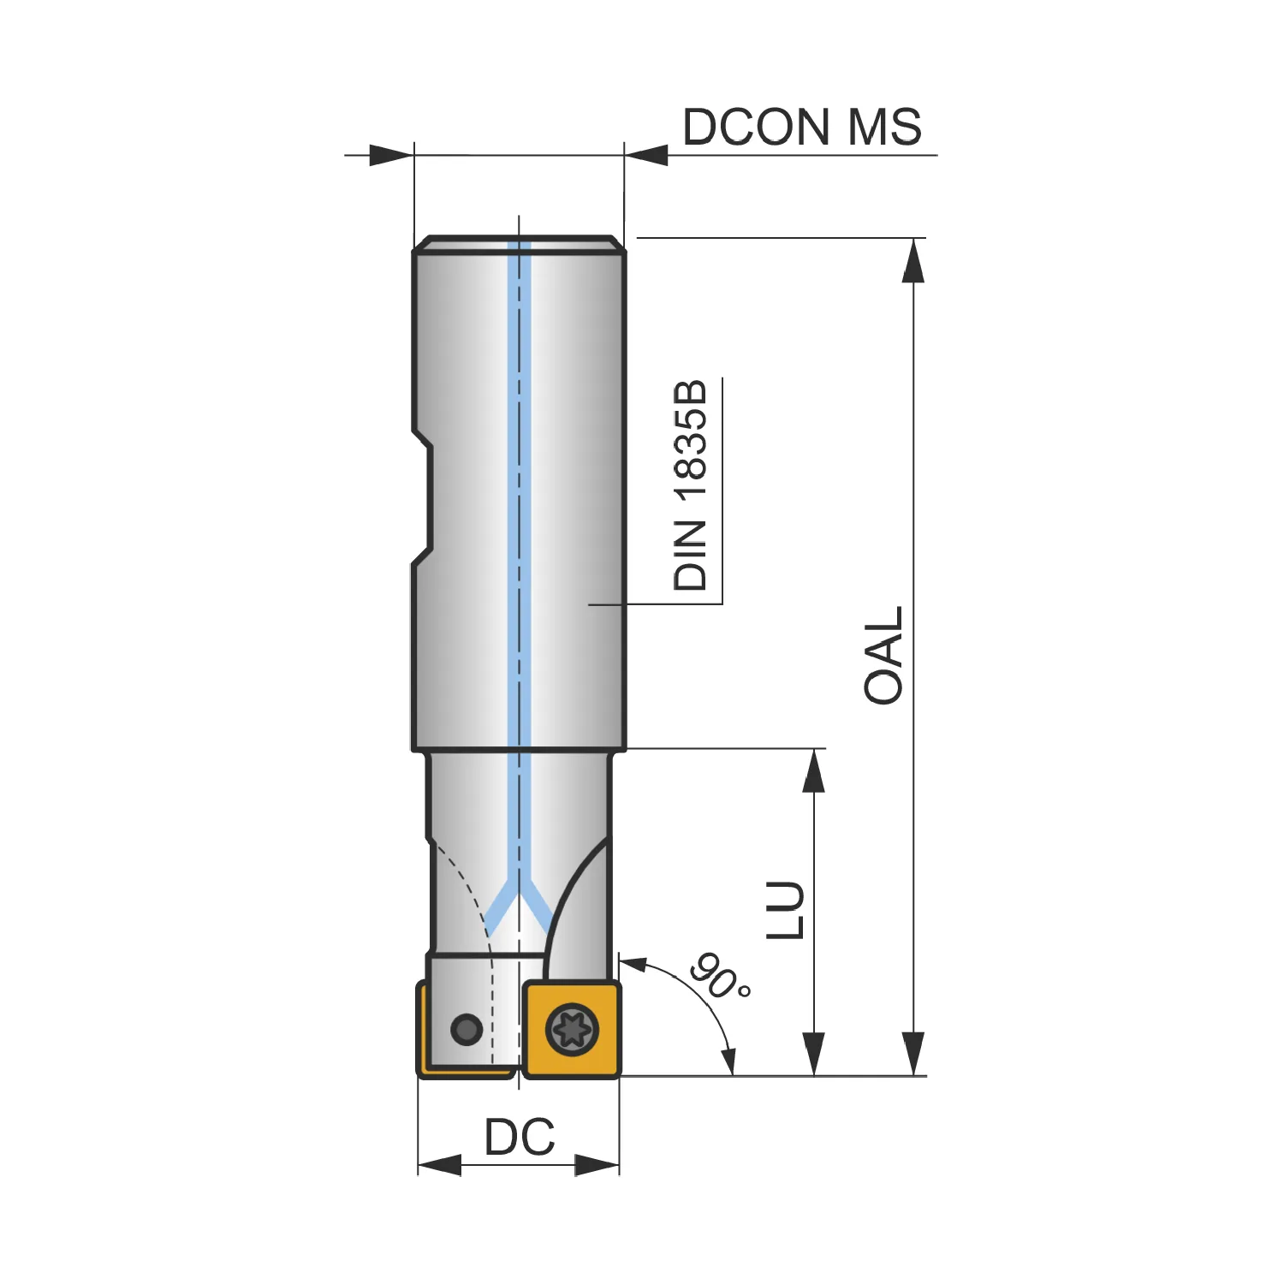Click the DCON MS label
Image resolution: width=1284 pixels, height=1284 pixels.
(802, 127)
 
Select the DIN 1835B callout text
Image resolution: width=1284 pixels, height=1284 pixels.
(690, 484)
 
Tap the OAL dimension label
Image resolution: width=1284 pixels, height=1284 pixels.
(883, 656)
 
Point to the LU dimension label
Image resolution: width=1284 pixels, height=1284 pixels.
(785, 910)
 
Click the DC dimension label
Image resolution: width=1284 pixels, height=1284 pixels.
(520, 1137)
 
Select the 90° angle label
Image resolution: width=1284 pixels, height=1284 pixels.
(721, 975)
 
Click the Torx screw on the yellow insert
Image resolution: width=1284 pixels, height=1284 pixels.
(571, 1028)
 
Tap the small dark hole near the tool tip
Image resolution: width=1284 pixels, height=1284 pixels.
(467, 1028)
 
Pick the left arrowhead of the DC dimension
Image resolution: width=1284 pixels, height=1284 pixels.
(439, 1165)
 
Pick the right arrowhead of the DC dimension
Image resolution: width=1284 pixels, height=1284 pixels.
(597, 1165)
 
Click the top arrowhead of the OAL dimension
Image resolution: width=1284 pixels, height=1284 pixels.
(913, 260)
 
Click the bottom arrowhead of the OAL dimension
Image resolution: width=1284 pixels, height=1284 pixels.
(913, 1054)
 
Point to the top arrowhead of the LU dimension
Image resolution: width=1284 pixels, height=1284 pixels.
(813, 770)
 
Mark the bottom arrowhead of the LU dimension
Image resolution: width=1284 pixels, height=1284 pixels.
(813, 1054)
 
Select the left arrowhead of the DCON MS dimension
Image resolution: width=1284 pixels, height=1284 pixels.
(392, 155)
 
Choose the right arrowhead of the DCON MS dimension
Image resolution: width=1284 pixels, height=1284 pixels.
(646, 155)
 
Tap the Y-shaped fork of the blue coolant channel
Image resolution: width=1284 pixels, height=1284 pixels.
(520, 907)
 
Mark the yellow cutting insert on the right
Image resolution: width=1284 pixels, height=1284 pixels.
(572, 1029)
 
